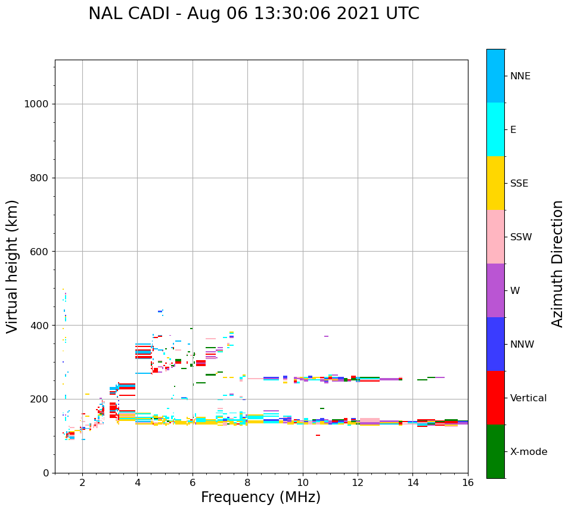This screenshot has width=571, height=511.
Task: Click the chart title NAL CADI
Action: point(253,14)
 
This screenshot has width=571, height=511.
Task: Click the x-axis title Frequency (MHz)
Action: point(260,497)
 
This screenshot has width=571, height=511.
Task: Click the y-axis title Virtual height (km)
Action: point(13,266)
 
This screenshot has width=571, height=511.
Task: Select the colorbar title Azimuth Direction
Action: point(557,264)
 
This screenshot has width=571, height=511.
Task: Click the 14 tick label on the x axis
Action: point(413,482)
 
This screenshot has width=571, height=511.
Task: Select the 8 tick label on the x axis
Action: point(247,482)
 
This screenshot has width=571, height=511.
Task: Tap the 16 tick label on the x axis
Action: point(468,482)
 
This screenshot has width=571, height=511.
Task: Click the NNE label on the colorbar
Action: point(520,76)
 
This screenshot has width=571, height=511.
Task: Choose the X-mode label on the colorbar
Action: point(528,452)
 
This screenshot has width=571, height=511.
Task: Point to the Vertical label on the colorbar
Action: point(528,398)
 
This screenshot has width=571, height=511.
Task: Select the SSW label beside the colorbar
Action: point(520,237)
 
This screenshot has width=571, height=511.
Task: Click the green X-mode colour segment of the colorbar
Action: point(495,451)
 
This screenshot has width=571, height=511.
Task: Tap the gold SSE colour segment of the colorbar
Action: point(495,183)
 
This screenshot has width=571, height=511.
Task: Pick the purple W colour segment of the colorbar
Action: point(495,290)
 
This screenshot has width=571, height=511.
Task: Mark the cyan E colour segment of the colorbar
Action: point(495,129)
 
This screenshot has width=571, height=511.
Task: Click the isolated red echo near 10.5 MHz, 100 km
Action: point(318,435)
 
